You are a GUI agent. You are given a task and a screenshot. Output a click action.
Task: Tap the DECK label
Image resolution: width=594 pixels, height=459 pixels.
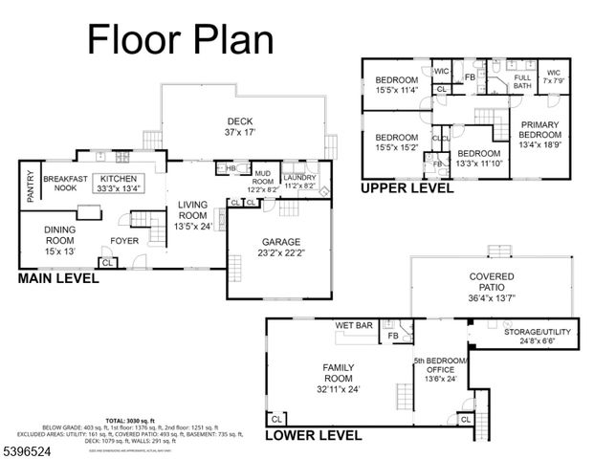(239, 121)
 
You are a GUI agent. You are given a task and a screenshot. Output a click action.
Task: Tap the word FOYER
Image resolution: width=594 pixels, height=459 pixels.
(125, 240)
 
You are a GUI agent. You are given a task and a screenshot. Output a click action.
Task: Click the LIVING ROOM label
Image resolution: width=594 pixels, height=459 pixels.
(191, 209)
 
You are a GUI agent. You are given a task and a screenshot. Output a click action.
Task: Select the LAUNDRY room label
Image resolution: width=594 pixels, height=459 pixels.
(299, 178)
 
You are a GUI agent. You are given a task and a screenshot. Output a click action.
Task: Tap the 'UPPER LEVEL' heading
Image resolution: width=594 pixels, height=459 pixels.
(406, 188)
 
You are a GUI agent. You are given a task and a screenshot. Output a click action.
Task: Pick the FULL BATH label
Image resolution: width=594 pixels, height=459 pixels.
(522, 82)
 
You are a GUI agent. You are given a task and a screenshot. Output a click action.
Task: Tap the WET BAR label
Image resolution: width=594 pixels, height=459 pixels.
(353, 326)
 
